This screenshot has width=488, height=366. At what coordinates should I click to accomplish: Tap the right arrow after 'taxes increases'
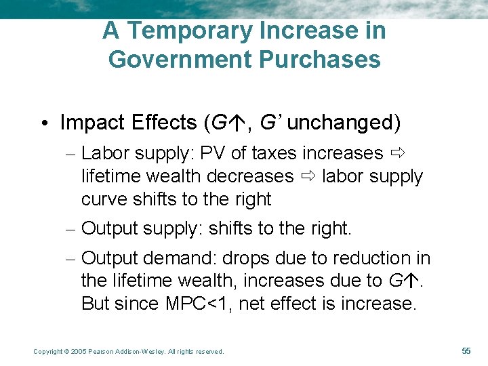click(397, 154)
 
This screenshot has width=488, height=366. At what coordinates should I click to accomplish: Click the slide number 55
click(466, 350)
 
